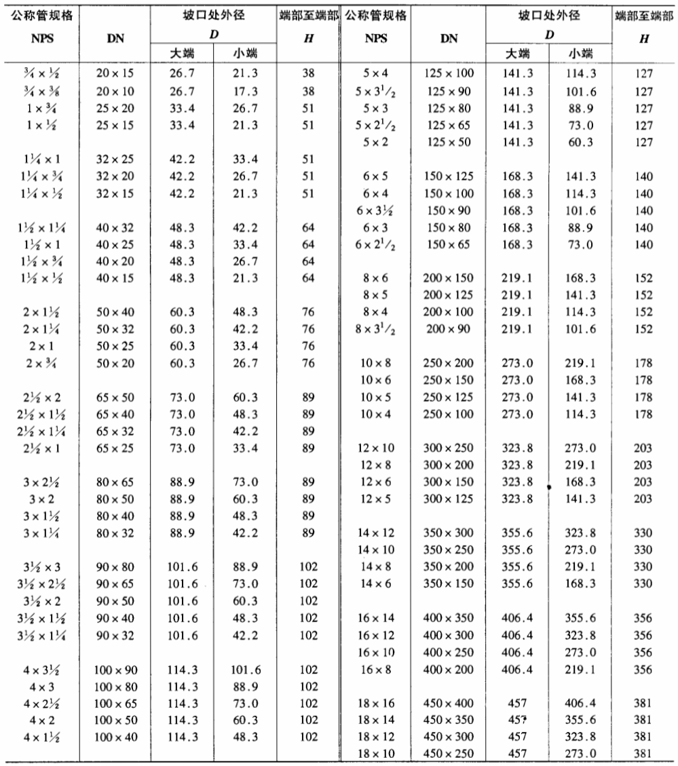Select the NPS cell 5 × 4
click(x=375, y=72)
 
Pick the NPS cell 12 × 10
click(x=375, y=448)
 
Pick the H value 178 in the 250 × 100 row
click(x=644, y=413)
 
